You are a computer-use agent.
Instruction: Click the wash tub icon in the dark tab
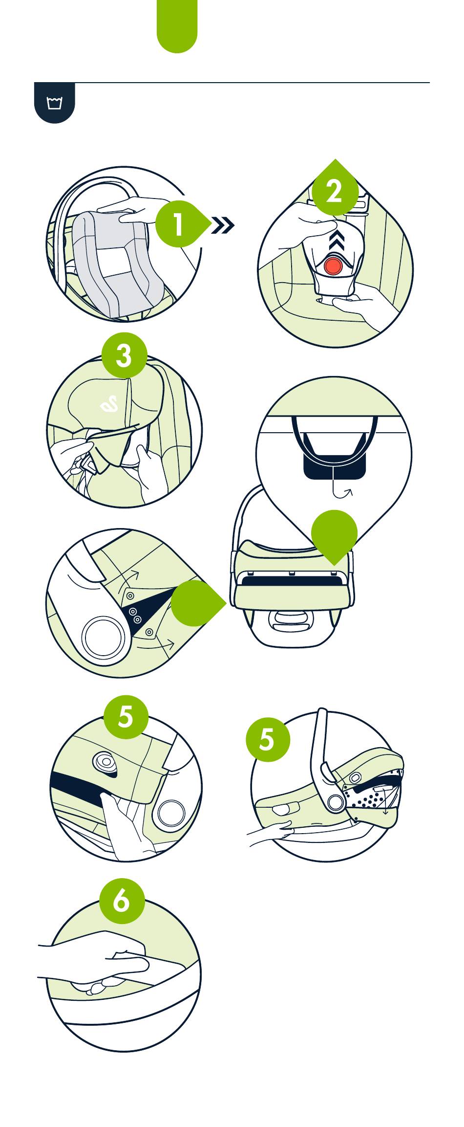coord(54,103)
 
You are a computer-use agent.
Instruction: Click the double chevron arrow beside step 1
coord(223,225)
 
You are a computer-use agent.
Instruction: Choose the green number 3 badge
coord(124,355)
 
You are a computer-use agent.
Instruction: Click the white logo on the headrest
coord(109,404)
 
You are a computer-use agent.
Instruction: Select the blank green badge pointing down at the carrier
coord(334,534)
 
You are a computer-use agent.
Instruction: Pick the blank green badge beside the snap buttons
coord(195,603)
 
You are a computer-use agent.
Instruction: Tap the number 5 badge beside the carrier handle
coord(268,739)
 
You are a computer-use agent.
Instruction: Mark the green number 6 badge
coord(122,901)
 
